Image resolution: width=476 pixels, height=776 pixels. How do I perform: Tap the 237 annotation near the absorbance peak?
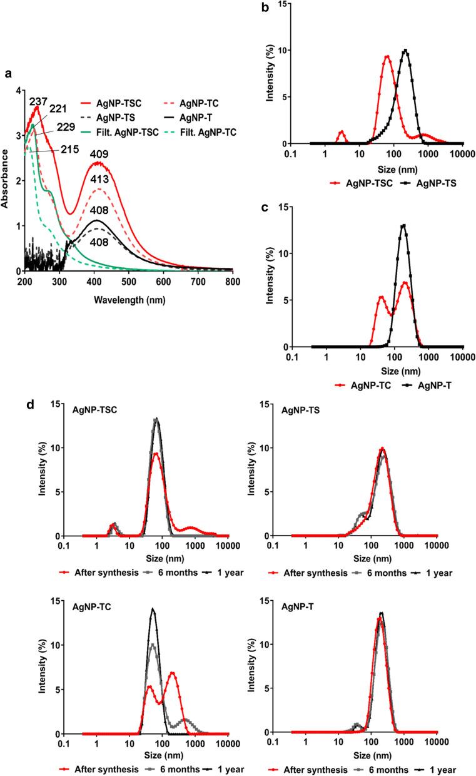click(38, 101)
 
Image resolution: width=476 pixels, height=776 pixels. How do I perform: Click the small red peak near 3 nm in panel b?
click(341, 132)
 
